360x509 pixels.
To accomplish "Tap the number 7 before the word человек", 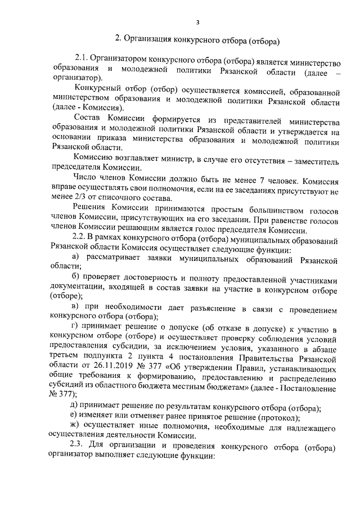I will click(255, 181).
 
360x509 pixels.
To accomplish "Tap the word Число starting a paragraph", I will click(87, 181).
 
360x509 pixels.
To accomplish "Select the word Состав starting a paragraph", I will click(88, 120).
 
